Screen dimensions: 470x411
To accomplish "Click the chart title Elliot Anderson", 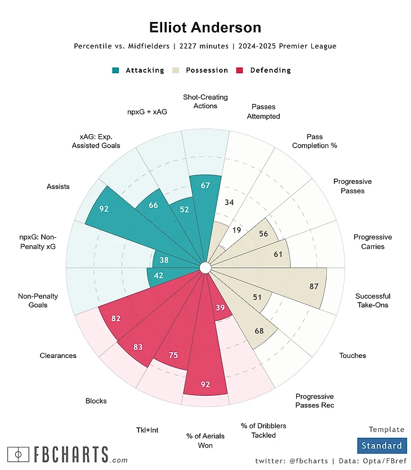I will pyautogui.click(x=205, y=28).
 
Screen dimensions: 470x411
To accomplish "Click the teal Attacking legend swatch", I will pyautogui.click(x=115, y=70).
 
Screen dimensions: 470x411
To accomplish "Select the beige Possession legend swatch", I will pyautogui.click(x=176, y=70).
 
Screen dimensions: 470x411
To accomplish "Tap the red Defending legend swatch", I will pyautogui.click(x=240, y=70).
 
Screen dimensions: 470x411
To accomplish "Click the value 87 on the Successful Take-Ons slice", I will pyautogui.click(x=314, y=286).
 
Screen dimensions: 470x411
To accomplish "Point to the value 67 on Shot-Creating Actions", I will pyautogui.click(x=205, y=185).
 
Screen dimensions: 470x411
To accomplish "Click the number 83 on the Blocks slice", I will pyautogui.click(x=138, y=347).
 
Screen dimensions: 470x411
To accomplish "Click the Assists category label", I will pyautogui.click(x=58, y=187).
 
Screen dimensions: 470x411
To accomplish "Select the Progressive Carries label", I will pyautogui.click(x=373, y=242).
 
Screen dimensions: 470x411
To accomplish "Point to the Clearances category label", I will pyautogui.click(x=58, y=356).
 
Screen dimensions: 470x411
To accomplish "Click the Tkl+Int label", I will pyautogui.click(x=148, y=430).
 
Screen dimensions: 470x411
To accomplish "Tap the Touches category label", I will pyautogui.click(x=352, y=356).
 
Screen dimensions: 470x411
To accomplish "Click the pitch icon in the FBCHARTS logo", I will pyautogui.click(x=19, y=454).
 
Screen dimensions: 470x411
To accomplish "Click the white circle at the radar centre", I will pyautogui.click(x=205, y=268).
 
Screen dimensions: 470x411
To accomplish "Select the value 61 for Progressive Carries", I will pyautogui.click(x=278, y=254).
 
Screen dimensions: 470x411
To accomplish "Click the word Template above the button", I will pyautogui.click(x=386, y=429).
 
